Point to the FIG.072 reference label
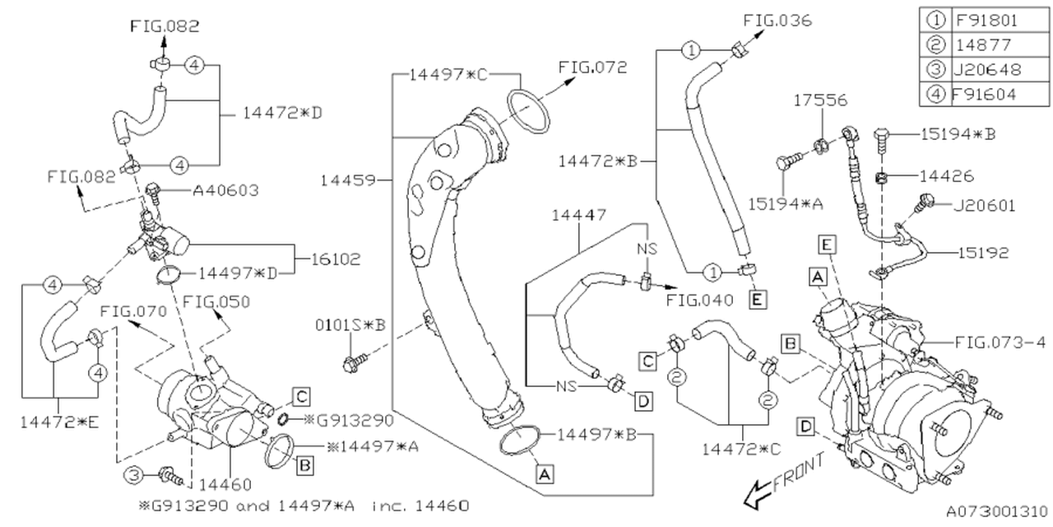[592, 67]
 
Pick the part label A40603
[225, 190]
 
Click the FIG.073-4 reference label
[1000, 341]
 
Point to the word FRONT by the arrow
[798, 473]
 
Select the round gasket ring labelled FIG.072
[527, 113]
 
